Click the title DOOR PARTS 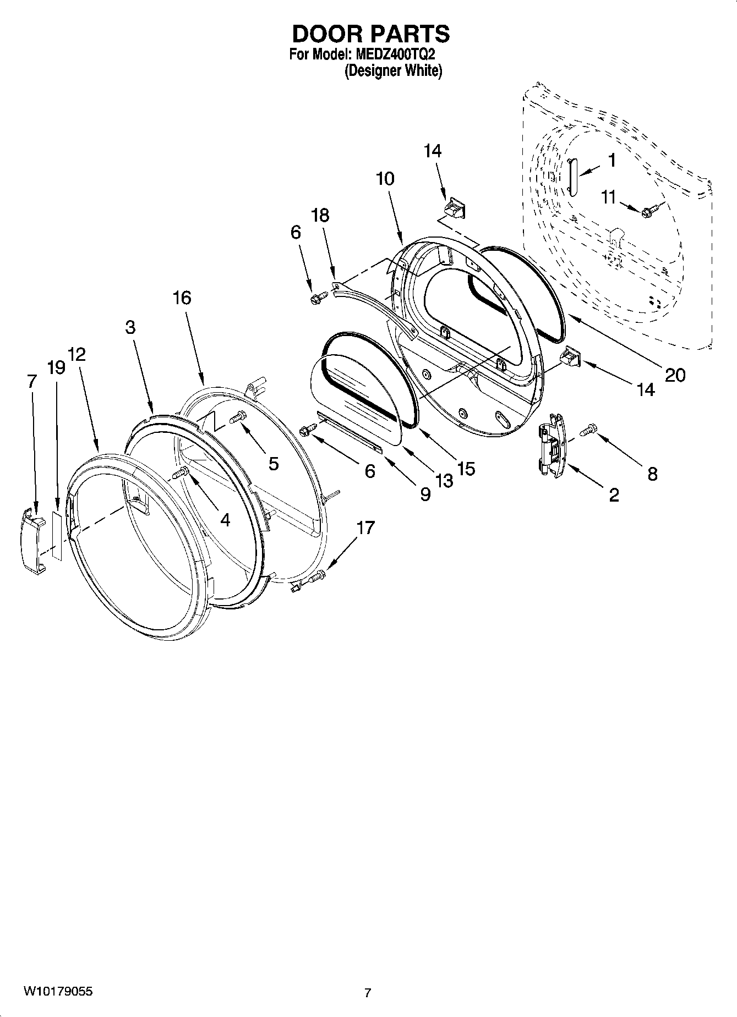point(370,34)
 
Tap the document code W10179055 point(58,992)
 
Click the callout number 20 point(675,375)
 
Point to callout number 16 point(182,298)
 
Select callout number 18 point(320,215)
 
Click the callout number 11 point(608,197)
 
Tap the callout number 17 point(365,527)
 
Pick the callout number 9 point(425,494)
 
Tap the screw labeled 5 point(238,418)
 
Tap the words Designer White point(393,71)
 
